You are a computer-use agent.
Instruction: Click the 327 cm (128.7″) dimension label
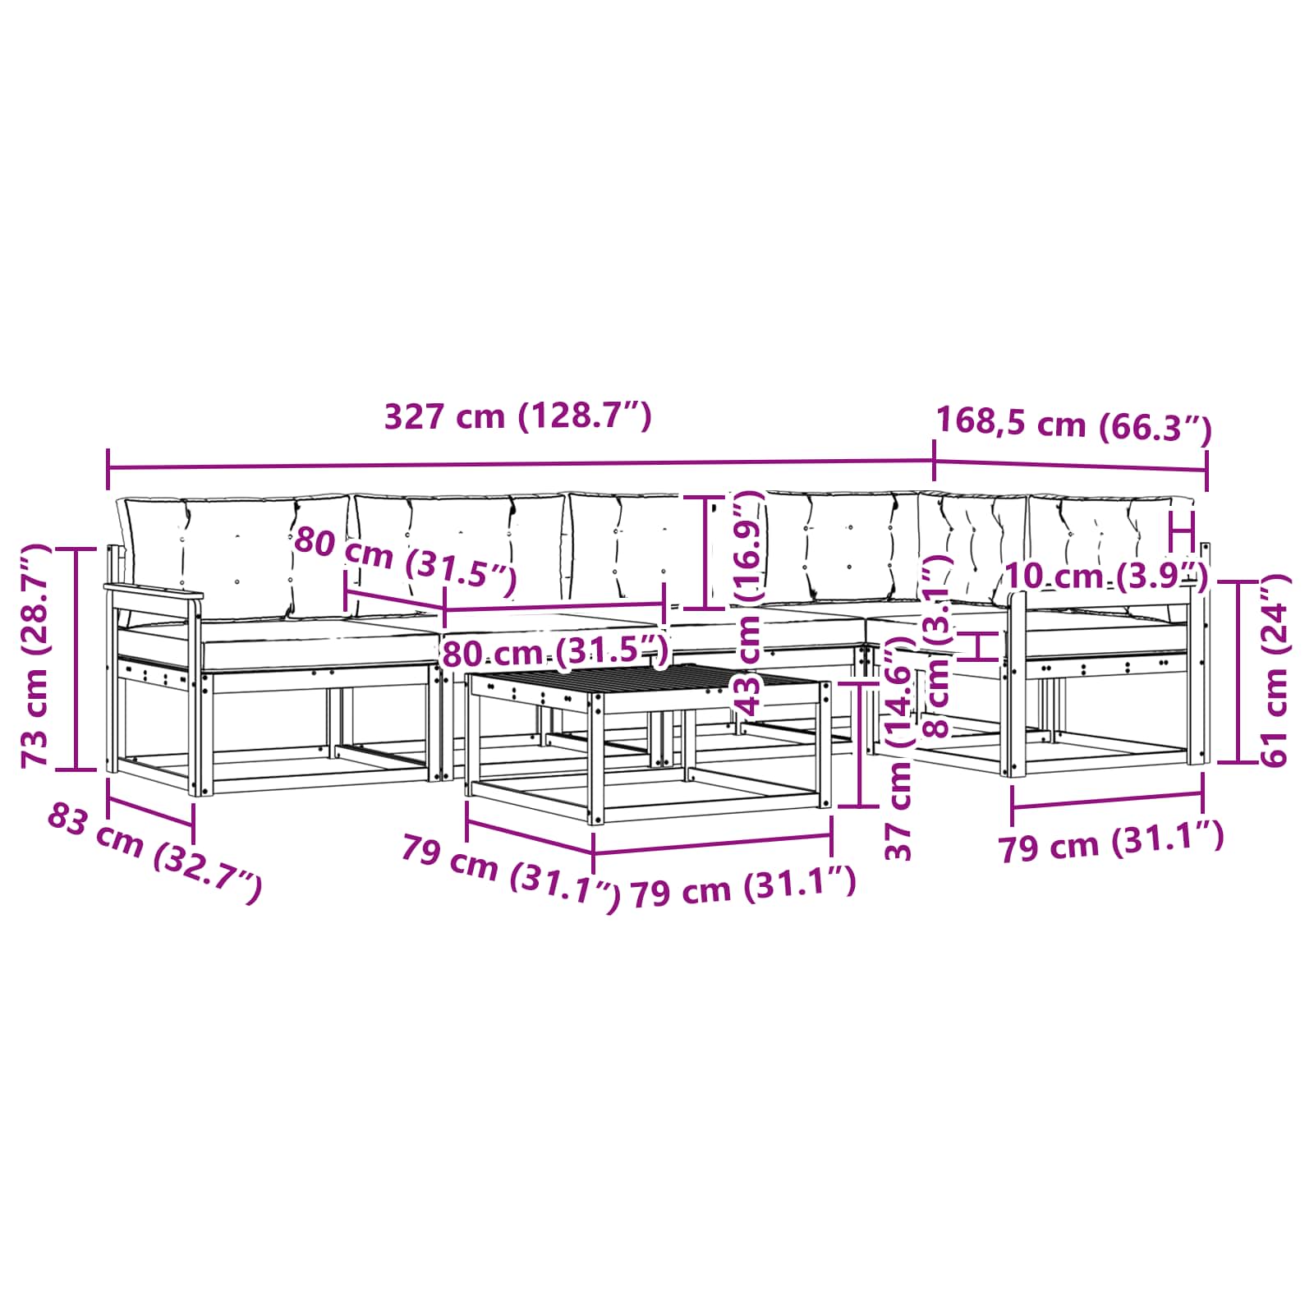tap(518, 416)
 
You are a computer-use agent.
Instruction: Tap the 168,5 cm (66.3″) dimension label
tap(1074, 425)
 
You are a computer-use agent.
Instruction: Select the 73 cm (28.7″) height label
tap(37, 655)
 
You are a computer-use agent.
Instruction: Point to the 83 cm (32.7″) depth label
tap(154, 853)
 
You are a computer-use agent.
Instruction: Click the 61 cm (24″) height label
tap(1274, 670)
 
